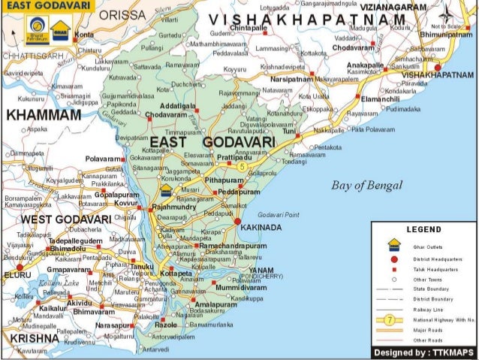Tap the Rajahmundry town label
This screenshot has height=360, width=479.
pos(173,206)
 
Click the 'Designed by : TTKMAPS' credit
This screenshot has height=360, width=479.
pos(425,352)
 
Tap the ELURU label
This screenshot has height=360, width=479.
pos(17,276)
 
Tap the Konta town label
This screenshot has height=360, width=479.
pos(84,35)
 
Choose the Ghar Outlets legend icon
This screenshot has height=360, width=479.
pos(393,244)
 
